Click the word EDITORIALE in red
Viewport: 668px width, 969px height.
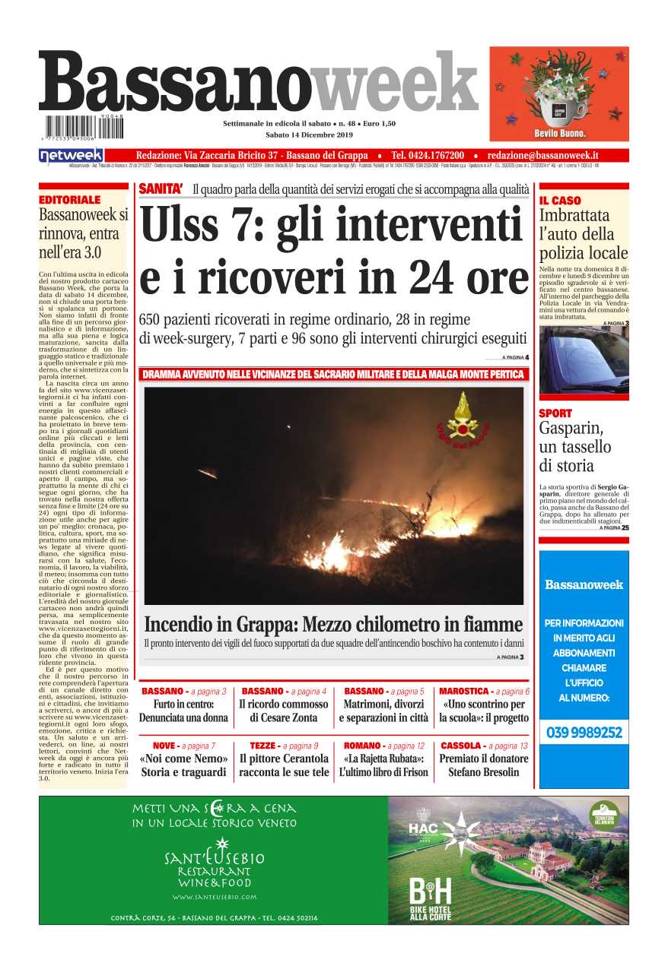coord(69,200)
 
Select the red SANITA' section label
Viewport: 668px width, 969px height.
coord(161,188)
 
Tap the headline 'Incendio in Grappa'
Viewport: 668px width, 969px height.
coord(333,625)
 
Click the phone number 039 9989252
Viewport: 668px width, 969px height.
coord(584,733)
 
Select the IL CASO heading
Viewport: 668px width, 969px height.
coord(560,201)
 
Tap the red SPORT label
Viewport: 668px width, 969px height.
coord(555,413)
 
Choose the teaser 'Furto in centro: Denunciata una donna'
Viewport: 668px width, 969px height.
coord(183,711)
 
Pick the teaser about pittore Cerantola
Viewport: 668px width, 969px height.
coord(284,765)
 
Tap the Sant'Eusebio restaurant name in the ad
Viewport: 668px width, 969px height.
coord(214,858)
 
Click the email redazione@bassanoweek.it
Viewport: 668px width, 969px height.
coord(542,155)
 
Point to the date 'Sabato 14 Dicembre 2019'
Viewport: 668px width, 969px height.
coord(310,135)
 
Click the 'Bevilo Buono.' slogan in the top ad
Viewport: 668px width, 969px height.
coord(559,132)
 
